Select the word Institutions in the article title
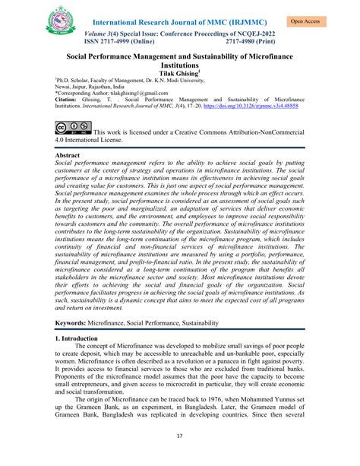click(x=180, y=66)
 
